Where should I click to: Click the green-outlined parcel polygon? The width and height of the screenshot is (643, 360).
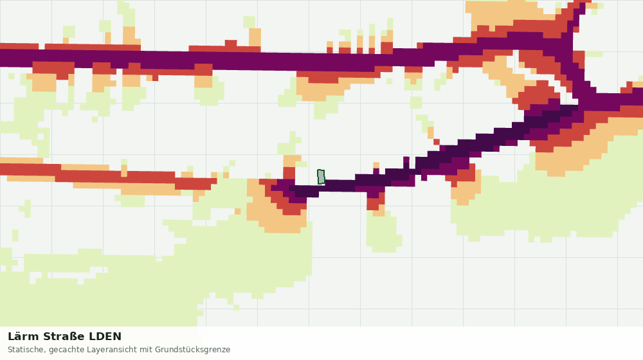click(321, 177)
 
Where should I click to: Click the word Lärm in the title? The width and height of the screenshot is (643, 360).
click(23, 337)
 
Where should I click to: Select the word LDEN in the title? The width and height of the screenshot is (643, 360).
click(105, 337)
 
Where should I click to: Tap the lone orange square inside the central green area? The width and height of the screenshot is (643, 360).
click(237, 211)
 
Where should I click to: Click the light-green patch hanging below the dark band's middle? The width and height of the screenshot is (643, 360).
click(383, 231)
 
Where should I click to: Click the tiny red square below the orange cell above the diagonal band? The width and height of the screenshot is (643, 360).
click(437, 142)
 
